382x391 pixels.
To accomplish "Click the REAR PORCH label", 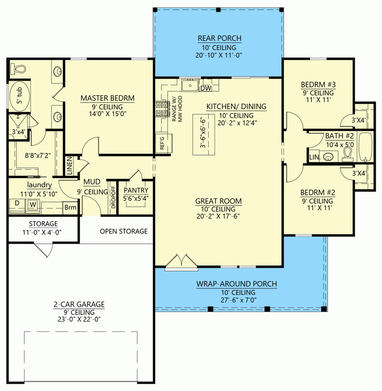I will [x=219, y=38].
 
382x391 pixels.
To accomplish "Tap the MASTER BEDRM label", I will [x=107, y=98].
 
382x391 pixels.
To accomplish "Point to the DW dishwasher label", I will [x=206, y=88].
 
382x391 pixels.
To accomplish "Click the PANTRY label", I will [x=136, y=190].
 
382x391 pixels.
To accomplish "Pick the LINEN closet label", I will [x=70, y=166].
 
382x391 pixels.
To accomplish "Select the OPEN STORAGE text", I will [x=123, y=231].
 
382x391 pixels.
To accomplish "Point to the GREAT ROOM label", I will [x=218, y=201].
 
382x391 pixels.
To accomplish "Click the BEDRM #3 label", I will [x=317, y=84].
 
